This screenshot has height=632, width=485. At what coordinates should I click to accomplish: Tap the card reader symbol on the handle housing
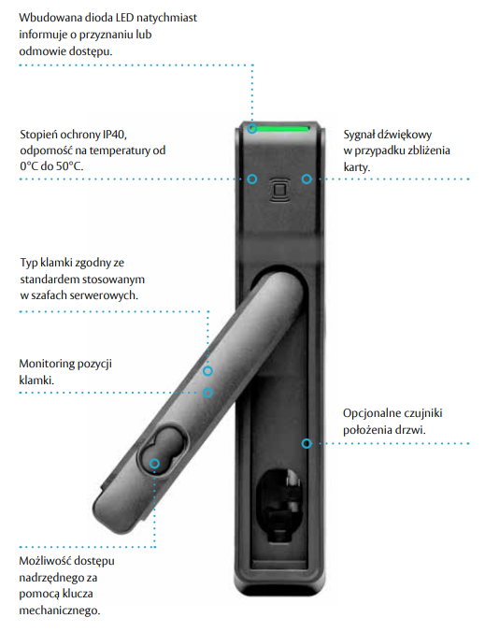click(280, 190)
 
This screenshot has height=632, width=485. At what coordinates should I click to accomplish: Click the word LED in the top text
click(124, 18)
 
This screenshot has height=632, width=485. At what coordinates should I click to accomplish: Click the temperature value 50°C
click(69, 166)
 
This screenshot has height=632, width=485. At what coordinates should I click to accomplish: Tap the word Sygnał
click(359, 135)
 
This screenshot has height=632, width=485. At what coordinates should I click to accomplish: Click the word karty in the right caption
click(356, 167)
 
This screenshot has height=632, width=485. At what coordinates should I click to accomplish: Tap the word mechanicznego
click(59, 610)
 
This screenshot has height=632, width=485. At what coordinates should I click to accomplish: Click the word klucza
click(78, 594)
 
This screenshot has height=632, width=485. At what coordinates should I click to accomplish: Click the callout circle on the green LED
click(252, 129)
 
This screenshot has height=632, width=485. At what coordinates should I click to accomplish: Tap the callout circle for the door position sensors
click(307, 443)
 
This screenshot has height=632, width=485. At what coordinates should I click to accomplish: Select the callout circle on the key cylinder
click(155, 464)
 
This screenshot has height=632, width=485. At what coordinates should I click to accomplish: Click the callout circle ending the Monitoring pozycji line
click(207, 392)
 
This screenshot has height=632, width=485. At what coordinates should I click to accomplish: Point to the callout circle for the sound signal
click(307, 179)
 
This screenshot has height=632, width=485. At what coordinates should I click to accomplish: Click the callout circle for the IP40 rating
click(252, 179)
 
